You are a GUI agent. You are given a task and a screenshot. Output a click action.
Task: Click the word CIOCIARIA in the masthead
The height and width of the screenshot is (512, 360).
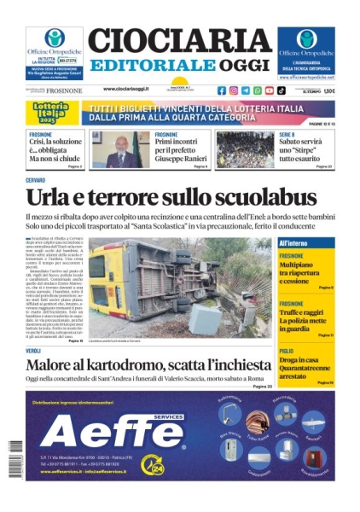point(179,40)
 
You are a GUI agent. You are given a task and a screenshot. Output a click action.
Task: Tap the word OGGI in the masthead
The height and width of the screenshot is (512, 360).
point(242,66)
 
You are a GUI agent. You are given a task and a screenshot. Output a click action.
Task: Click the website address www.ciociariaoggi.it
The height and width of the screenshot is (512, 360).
point(137,89)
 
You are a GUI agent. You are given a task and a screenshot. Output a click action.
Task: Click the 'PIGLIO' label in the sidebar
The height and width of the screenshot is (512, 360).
point(286,351)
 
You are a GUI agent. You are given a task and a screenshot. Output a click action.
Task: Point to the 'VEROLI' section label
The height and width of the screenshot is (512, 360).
point(33,351)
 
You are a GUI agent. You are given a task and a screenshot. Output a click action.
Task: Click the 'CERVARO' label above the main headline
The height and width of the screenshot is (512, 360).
point(35,180)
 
